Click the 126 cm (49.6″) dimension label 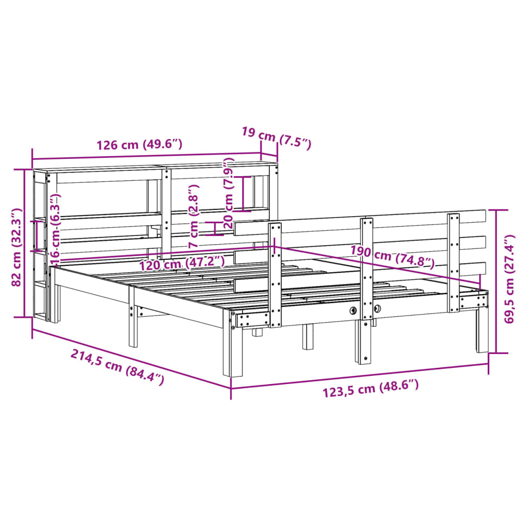[x=139, y=144]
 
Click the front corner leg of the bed [x=236, y=352]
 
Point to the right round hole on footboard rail [x=377, y=308]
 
